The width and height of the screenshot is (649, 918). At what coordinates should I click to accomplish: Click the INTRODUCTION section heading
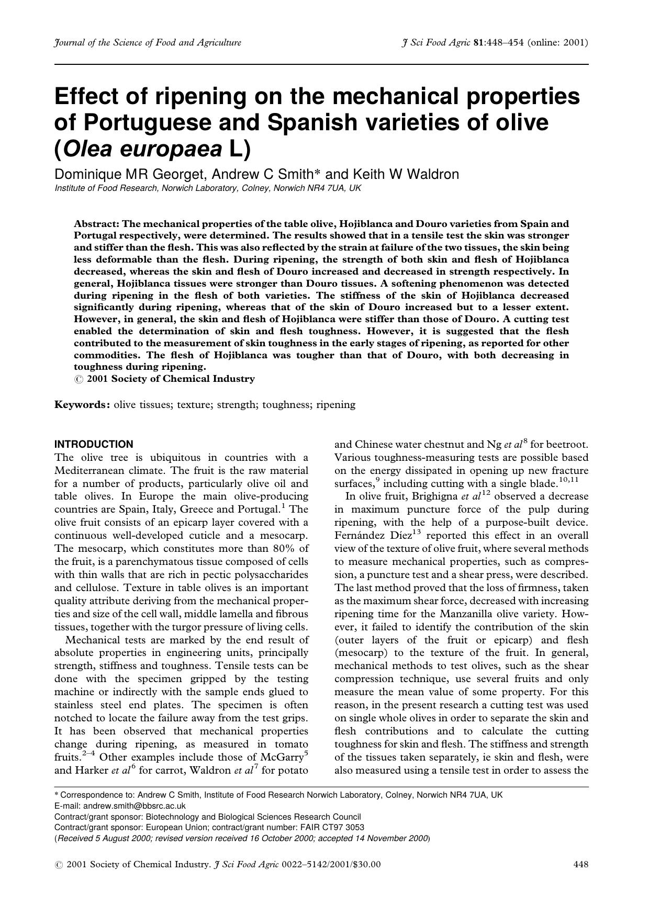click(94, 445)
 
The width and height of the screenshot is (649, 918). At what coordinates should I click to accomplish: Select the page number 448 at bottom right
click(581, 864)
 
